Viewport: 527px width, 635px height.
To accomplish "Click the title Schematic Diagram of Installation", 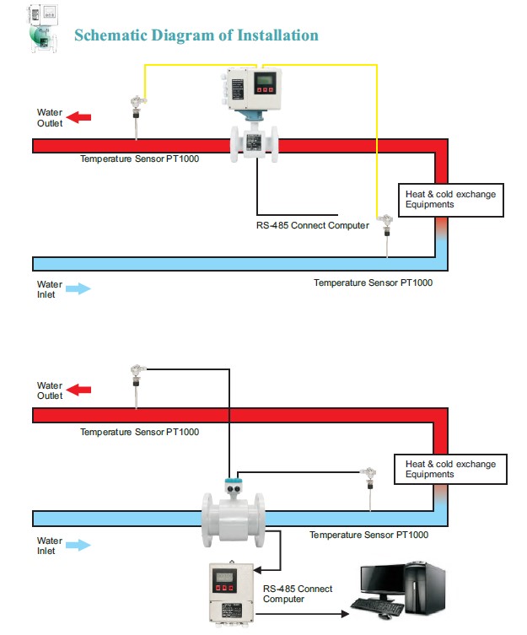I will pos(196,35).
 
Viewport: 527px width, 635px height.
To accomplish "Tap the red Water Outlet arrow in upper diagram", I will pos(78,117).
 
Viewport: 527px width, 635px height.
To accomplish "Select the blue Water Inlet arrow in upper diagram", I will pos(78,288).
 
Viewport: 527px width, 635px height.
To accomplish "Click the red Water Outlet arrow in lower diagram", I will pos(78,390).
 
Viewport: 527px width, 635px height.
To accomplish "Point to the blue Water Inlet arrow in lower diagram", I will pos(78,545).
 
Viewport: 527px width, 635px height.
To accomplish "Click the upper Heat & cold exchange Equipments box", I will pos(450,199).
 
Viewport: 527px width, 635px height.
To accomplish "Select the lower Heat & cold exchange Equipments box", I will pos(450,469).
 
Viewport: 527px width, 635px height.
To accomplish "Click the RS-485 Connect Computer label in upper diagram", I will pos(313,225).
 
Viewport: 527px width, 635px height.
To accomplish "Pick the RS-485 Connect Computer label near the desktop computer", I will pos(298,594).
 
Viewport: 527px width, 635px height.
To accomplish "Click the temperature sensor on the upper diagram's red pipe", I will pos(135,114).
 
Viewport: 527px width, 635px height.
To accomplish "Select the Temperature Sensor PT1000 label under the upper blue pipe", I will pos(373,283).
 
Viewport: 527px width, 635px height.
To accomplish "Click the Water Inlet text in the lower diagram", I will pos(50,545).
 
